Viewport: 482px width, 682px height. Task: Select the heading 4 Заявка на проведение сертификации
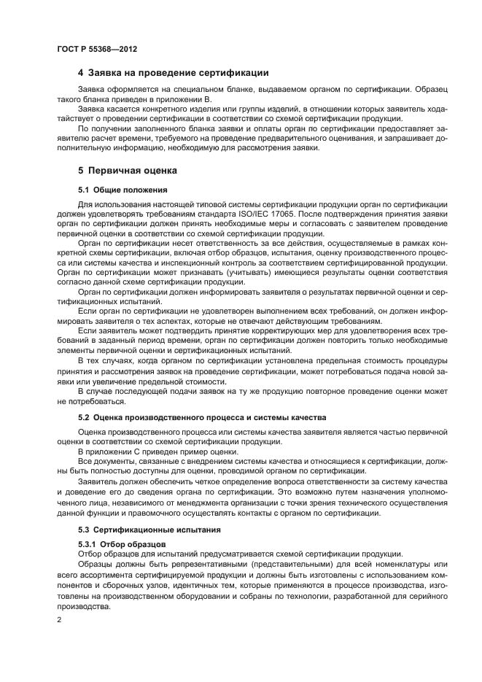click(x=174, y=73)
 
